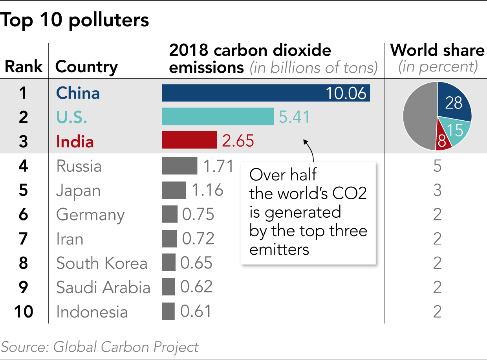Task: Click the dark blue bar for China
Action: (243, 93)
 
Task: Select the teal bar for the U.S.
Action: (218, 117)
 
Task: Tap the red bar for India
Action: (189, 140)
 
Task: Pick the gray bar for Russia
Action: (179, 166)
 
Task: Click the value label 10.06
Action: (346, 93)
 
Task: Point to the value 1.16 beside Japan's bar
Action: (207, 190)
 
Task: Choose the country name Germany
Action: (90, 215)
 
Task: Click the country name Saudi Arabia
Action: (103, 288)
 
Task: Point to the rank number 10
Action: (24, 312)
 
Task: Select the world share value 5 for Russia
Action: (437, 166)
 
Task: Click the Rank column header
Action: (24, 67)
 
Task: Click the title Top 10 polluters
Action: (75, 20)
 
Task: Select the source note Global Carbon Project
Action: (126, 347)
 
